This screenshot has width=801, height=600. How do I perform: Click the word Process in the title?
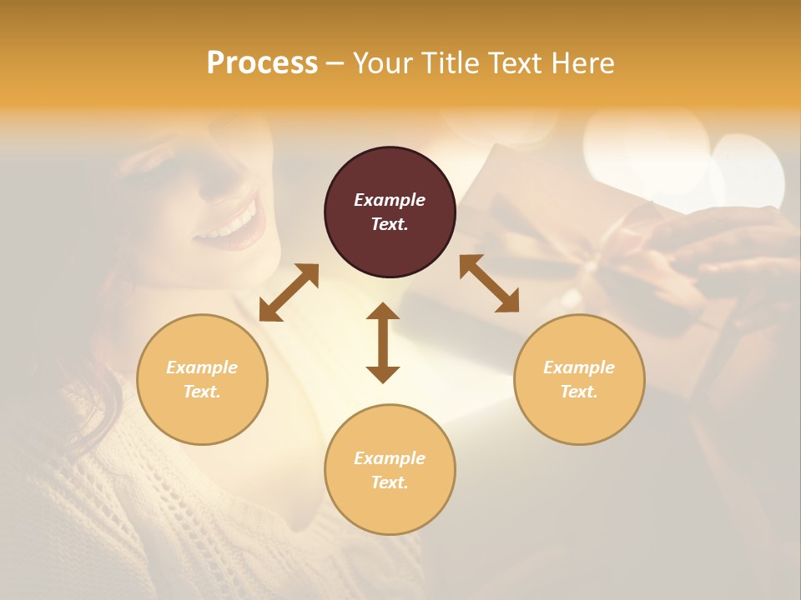[262, 63]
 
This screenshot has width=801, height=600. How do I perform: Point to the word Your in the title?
[382, 63]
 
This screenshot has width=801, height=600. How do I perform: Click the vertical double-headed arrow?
[383, 342]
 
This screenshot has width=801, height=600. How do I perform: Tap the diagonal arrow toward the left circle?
[289, 292]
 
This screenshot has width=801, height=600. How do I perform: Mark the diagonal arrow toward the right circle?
[489, 283]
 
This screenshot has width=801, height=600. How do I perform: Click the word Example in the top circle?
[390, 200]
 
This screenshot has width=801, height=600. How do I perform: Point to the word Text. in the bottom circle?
[390, 482]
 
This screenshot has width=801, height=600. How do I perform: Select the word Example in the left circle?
[202, 367]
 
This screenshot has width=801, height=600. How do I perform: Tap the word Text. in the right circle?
[579, 392]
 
